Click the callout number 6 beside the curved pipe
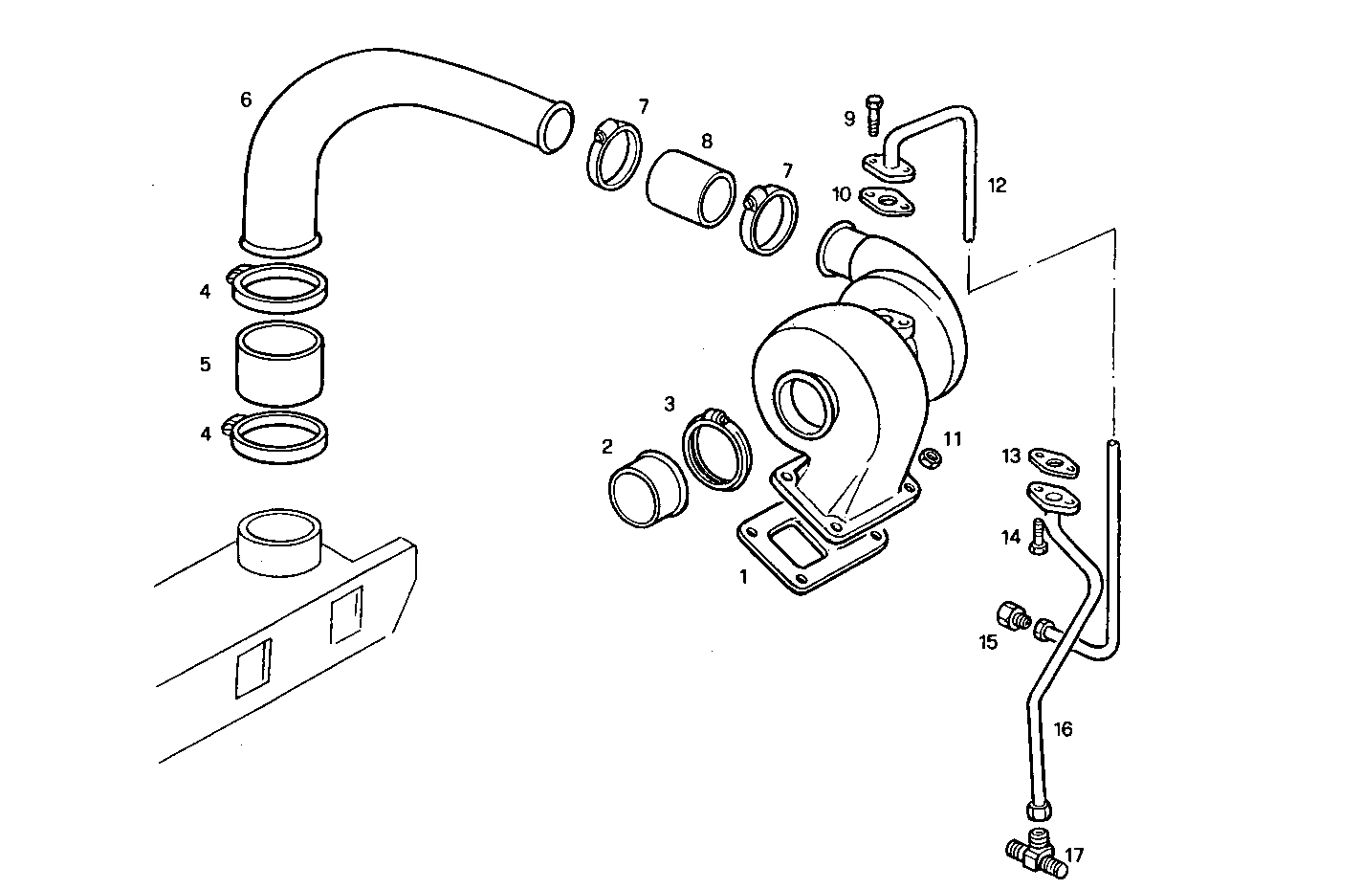pos(246,100)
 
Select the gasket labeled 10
pos(887,201)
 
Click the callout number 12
pos(997,185)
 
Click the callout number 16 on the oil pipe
pos(1063,729)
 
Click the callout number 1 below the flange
pos(742,577)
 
